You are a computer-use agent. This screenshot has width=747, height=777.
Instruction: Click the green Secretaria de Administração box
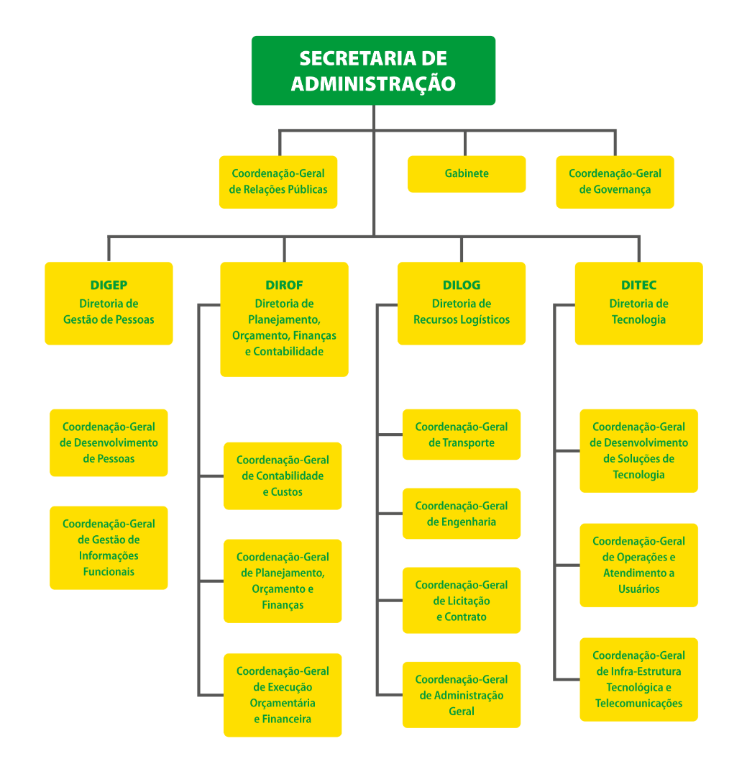[373, 71]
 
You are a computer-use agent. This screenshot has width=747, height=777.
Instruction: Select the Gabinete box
[467, 174]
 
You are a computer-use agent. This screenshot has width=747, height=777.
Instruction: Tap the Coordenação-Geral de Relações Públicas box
[278, 182]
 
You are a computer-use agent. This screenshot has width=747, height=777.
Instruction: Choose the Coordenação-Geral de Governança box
[615, 182]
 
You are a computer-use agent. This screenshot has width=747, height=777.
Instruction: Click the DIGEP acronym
[109, 286]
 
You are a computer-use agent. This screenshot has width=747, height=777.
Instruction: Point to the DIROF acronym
[284, 286]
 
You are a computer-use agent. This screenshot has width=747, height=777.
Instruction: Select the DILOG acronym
[462, 286]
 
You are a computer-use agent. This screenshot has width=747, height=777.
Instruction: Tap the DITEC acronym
[638, 286]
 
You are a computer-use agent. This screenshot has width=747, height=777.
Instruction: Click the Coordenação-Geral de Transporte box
[462, 435]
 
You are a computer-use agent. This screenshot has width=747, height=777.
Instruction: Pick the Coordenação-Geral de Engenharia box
[462, 514]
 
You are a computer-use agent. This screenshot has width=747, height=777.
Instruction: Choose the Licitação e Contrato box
[462, 601]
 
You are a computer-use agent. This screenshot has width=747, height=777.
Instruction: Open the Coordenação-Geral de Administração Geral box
[462, 695]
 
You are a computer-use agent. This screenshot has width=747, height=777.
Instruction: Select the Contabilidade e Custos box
[283, 476]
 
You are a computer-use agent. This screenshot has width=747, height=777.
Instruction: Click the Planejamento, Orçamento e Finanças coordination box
[283, 581]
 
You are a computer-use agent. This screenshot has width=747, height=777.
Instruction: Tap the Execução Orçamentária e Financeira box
[283, 695]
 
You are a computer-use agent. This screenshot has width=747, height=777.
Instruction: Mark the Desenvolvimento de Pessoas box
[109, 442]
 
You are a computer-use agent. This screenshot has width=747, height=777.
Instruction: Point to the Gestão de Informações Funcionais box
[109, 547]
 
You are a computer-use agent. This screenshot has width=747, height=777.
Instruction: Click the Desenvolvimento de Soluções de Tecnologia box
[638, 450]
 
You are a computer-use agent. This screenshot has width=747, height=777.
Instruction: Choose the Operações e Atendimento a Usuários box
[638, 565]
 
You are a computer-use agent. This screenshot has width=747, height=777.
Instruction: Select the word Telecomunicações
[638, 704]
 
